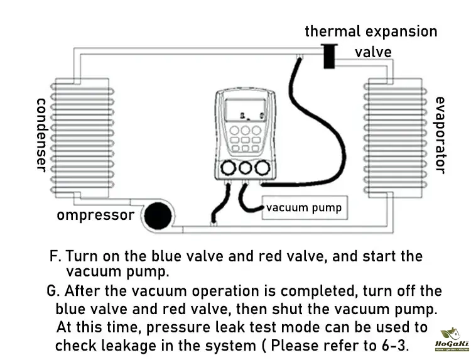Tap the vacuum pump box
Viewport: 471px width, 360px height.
304,208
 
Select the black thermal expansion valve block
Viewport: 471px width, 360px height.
328,56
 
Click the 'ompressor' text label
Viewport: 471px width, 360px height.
95,215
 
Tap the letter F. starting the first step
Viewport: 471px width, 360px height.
55,257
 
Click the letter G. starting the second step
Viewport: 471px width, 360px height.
53,292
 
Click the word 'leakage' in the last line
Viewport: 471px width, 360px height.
124,345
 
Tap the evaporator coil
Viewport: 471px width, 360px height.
394,134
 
